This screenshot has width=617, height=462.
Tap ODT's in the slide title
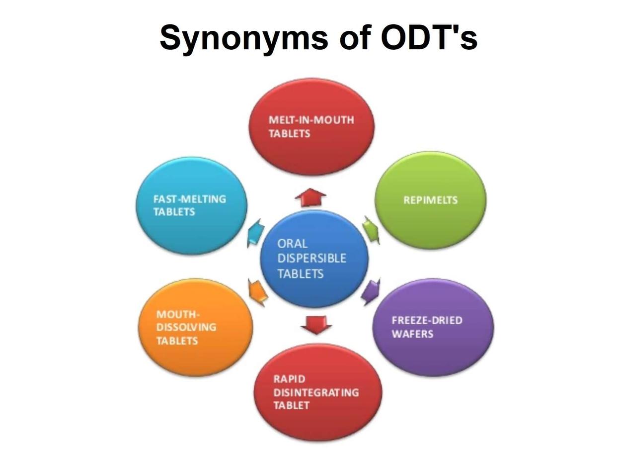429,37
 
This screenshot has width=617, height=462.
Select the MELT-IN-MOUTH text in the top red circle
311,120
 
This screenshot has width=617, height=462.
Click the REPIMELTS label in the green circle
430,200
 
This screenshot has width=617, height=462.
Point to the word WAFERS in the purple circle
412,334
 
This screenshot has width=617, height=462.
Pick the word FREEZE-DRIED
427,320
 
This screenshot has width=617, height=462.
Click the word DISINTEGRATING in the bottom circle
316,392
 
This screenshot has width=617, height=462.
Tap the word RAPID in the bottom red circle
289,379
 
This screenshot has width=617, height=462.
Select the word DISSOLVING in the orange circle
186,327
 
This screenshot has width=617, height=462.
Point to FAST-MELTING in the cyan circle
190,199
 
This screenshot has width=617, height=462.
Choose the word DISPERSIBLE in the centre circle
312,258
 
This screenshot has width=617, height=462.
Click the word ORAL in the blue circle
292,244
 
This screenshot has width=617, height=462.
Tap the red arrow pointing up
310,197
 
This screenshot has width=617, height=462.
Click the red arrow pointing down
316,325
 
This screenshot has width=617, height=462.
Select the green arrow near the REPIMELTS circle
371,230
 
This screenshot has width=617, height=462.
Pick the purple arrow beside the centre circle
371,292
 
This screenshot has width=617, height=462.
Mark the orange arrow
258,292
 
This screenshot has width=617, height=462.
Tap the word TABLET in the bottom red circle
291,405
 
